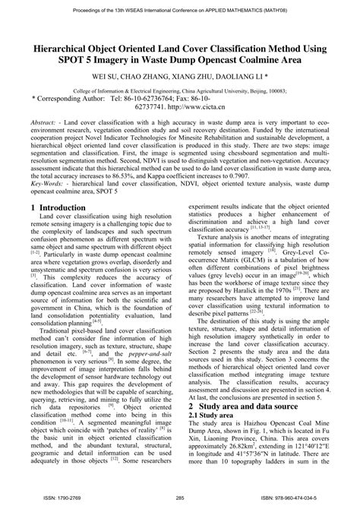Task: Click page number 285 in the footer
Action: (x=180, y=498)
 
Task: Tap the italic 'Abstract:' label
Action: (x=46, y=122)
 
